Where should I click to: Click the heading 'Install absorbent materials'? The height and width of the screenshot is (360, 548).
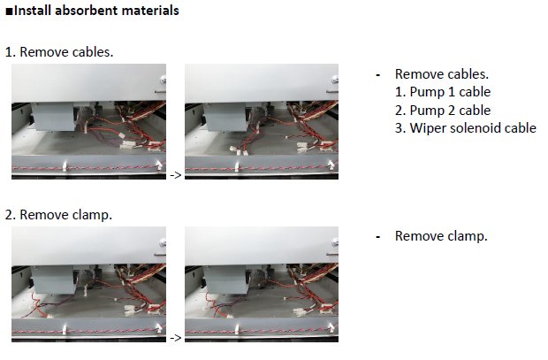(96, 11)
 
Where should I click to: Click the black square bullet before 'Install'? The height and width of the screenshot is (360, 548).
(9, 11)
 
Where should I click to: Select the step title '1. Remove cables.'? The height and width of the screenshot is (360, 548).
(59, 52)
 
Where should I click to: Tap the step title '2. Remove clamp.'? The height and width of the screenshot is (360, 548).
(58, 214)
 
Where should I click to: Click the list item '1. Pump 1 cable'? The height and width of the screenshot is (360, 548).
(443, 92)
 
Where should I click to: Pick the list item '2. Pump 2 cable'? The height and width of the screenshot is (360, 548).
(443, 111)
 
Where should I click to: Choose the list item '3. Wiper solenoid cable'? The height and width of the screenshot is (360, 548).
(466, 128)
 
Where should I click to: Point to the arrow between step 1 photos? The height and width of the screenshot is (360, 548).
(175, 175)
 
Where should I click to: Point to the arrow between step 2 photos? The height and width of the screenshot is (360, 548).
(175, 338)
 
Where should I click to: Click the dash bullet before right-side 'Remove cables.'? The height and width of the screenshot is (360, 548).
(377, 75)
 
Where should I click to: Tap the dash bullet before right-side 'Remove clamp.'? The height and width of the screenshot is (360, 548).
(377, 237)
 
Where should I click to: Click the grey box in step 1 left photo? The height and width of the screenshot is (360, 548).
(53, 116)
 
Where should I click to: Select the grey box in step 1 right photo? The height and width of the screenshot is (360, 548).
(225, 116)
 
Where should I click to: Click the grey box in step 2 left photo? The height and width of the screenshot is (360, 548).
(53, 279)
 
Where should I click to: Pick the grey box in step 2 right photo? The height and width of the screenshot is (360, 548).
(225, 279)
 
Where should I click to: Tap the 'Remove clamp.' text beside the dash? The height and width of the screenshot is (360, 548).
(441, 236)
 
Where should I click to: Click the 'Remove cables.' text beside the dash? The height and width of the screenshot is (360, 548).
(442, 74)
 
